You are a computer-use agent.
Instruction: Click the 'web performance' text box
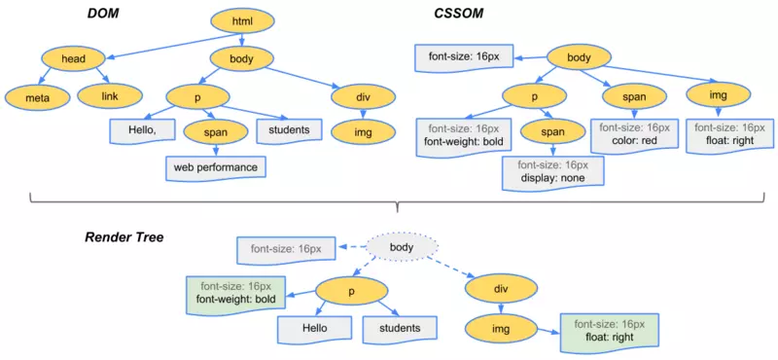(x=215, y=167)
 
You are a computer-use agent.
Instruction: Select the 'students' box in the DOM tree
(x=290, y=129)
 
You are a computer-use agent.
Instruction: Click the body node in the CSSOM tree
(x=579, y=58)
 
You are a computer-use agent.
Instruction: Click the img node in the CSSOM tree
(x=717, y=94)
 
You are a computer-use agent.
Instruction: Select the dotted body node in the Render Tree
(x=402, y=249)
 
